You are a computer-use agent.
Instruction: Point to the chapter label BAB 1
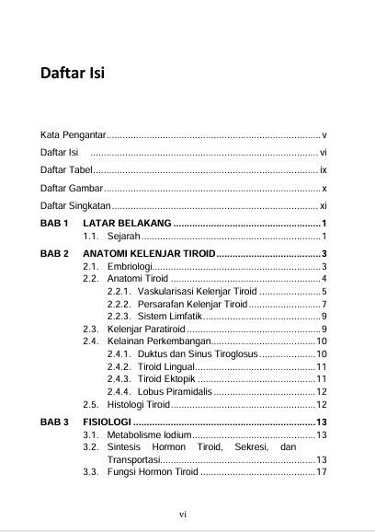pos(55,224)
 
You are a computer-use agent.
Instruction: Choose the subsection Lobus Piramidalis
pos(160,390)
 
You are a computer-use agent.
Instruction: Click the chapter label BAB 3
pos(55,422)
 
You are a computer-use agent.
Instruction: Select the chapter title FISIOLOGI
pos(107,422)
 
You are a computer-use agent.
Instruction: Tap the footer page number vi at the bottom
pos(183,514)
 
